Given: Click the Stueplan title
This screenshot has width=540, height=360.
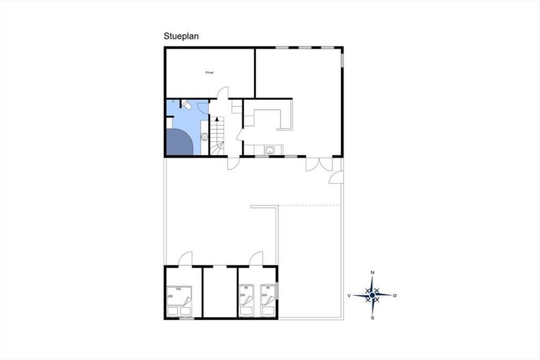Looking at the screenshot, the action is (x=181, y=36).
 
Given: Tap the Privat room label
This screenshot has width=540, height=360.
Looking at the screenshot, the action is (x=209, y=72).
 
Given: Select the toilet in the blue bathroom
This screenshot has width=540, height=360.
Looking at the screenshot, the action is (x=187, y=105).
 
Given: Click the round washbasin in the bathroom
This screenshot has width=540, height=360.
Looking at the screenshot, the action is (x=204, y=137).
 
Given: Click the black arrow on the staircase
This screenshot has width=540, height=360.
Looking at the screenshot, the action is (x=217, y=119).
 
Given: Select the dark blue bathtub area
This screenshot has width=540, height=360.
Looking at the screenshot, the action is (x=180, y=142).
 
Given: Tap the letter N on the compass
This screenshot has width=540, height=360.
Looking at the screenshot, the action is (x=372, y=272).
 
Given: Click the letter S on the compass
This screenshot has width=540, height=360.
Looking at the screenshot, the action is (x=373, y=318).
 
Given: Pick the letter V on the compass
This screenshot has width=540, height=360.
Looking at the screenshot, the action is (x=349, y=296).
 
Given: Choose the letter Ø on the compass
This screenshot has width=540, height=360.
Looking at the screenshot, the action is (x=395, y=295).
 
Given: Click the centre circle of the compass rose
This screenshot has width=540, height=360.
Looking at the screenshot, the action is (x=372, y=295).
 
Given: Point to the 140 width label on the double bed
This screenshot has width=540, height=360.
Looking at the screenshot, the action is (x=178, y=289).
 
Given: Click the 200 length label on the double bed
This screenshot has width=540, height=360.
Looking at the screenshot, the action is (x=170, y=296).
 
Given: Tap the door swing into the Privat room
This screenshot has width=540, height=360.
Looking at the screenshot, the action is (x=223, y=93).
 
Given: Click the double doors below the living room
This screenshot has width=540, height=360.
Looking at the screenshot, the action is (x=319, y=164).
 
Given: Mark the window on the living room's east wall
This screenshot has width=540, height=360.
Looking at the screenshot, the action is (x=342, y=60).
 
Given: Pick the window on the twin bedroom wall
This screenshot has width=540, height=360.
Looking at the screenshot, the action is (x=277, y=291).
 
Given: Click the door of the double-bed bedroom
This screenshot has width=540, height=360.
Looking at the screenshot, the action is (x=185, y=258).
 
